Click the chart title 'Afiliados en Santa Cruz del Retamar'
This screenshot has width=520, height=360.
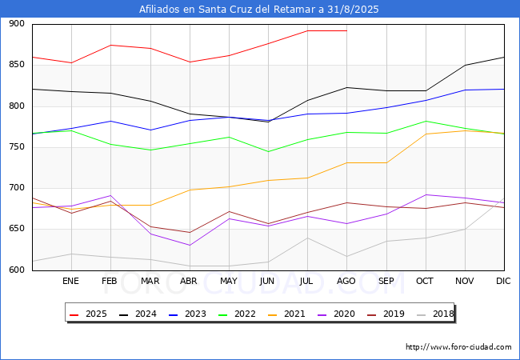(x=228, y=9)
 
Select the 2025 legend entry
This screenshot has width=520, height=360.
(x=88, y=314)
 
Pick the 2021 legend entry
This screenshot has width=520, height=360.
(x=286, y=314)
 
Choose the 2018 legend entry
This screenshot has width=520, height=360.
(x=435, y=314)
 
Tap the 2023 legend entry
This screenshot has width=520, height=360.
(x=187, y=314)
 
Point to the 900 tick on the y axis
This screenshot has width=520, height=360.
(x=17, y=23)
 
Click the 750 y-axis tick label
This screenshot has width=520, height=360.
(x=17, y=147)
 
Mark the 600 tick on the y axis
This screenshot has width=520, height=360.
(x=17, y=270)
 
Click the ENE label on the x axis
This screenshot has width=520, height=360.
(x=70, y=281)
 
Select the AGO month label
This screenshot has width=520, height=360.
(x=346, y=281)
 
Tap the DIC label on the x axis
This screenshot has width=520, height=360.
(x=503, y=281)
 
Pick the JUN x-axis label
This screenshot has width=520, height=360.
(x=267, y=281)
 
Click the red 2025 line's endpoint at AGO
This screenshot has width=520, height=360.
(x=346, y=31)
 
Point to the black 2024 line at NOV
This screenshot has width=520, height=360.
(x=466, y=66)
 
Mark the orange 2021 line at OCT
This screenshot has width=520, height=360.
(x=426, y=134)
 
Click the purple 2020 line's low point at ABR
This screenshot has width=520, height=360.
(x=190, y=246)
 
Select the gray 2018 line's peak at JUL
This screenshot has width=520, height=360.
(x=308, y=238)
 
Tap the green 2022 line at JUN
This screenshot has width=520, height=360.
(x=268, y=152)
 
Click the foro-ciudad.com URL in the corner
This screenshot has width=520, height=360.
(x=458, y=347)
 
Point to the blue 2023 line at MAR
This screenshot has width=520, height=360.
(x=150, y=130)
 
